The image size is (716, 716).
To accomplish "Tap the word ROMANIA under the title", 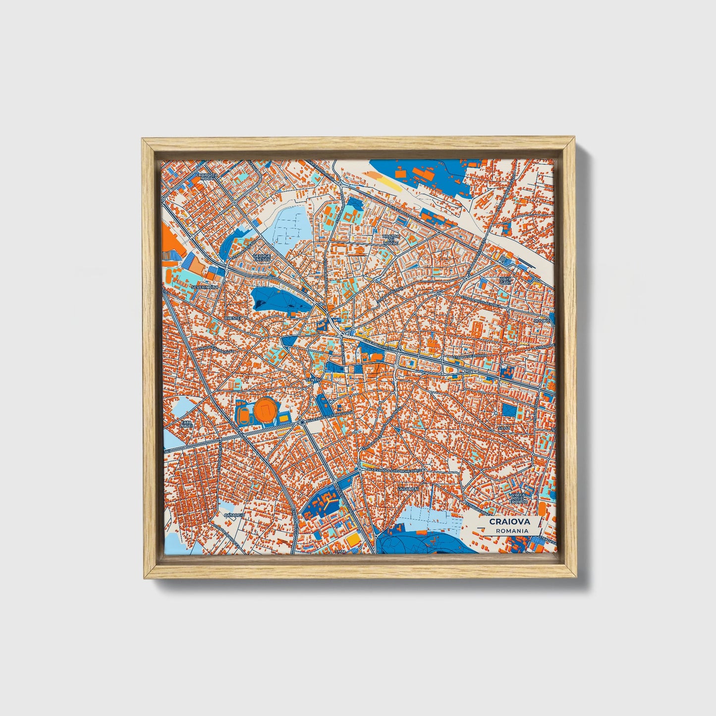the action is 511,531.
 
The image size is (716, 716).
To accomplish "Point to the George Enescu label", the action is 262,258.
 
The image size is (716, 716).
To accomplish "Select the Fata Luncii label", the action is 186,424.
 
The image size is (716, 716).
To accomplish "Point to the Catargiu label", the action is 234,515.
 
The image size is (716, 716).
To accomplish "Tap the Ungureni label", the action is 407,489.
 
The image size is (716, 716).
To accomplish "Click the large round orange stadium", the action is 266,410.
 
